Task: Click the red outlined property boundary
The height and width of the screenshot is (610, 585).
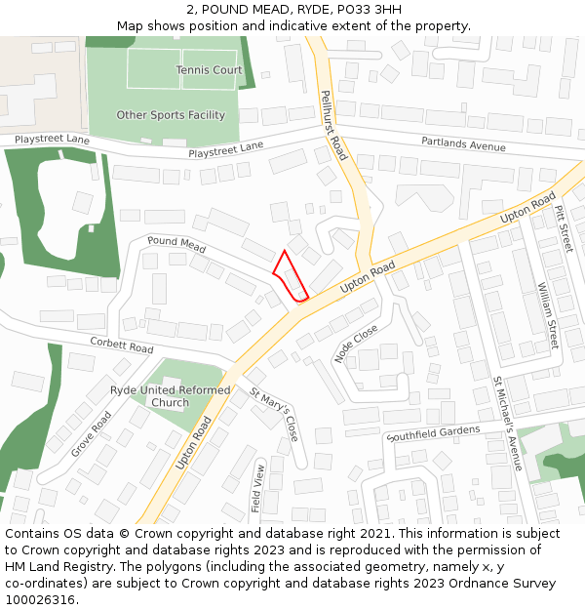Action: click(x=290, y=277)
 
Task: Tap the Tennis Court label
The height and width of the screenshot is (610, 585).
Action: click(x=209, y=70)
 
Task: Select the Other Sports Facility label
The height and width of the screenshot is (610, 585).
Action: click(x=171, y=115)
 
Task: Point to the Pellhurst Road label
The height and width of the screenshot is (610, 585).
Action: click(x=333, y=125)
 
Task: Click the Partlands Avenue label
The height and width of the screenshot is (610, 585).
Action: click(x=463, y=144)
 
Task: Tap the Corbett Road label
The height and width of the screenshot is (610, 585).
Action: click(x=122, y=346)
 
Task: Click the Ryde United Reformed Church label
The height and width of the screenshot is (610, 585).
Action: click(x=171, y=396)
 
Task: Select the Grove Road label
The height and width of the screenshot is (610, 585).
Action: click(x=91, y=434)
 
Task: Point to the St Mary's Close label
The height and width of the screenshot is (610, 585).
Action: click(x=274, y=415)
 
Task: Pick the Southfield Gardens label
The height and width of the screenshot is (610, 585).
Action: click(x=433, y=431)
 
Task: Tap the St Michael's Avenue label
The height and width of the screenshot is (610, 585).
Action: click(x=508, y=423)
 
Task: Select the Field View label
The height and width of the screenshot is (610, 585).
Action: click(x=259, y=488)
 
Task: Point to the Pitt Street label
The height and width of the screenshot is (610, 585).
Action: click(x=564, y=226)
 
